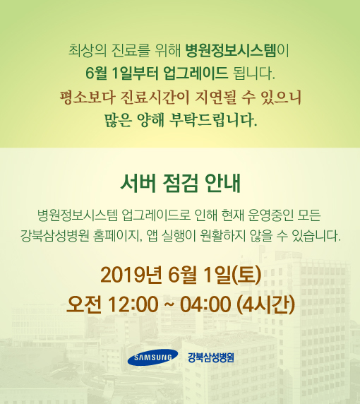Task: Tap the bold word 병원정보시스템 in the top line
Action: tap(231, 50)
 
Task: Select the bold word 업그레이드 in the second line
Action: tap(196, 73)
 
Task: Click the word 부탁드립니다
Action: tap(213, 120)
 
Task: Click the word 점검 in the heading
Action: tap(180, 184)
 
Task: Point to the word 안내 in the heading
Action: tap(222, 184)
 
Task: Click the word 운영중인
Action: tap(270, 215)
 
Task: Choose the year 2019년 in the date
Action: tap(131, 275)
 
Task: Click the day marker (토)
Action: tap(246, 275)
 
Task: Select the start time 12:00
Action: tap(133, 304)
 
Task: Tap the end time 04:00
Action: tap(205, 304)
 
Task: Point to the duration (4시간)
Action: tap(265, 304)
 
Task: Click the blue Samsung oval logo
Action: tap(152, 357)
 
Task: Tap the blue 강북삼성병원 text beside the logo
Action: tap(210, 357)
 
